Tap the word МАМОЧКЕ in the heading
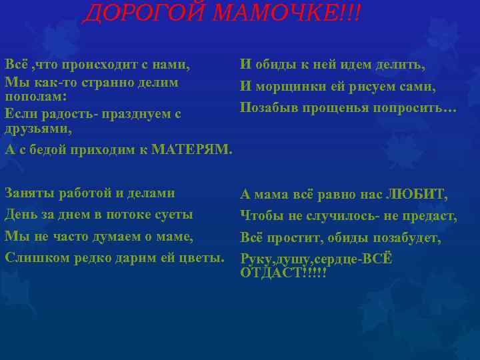pyautogui.click(x=283, y=12)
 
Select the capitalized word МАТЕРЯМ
pyautogui.click(x=192, y=149)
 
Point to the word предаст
pyautogui.click(x=431, y=217)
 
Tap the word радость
pyautogui.click(x=61, y=113)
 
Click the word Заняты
pyautogui.click(x=27, y=193)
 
